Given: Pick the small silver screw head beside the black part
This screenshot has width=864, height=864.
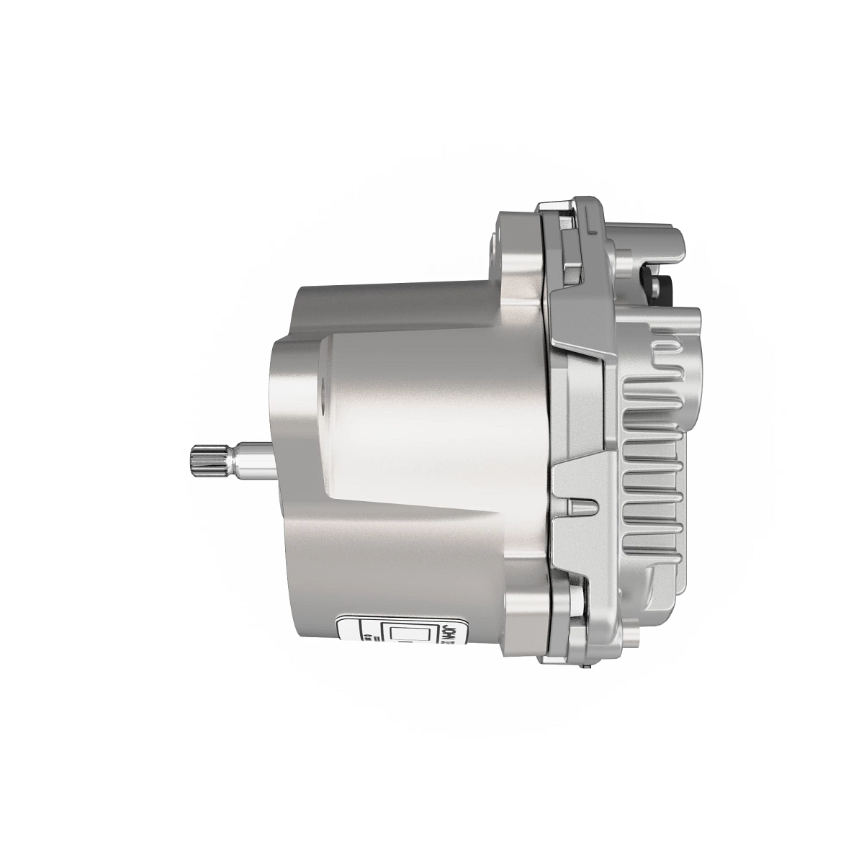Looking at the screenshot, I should point(657,287).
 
